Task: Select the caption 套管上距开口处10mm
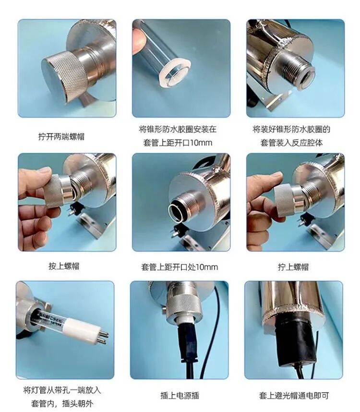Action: click(180, 267)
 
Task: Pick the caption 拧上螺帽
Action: click(293, 267)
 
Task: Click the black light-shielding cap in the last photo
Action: click(288, 343)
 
